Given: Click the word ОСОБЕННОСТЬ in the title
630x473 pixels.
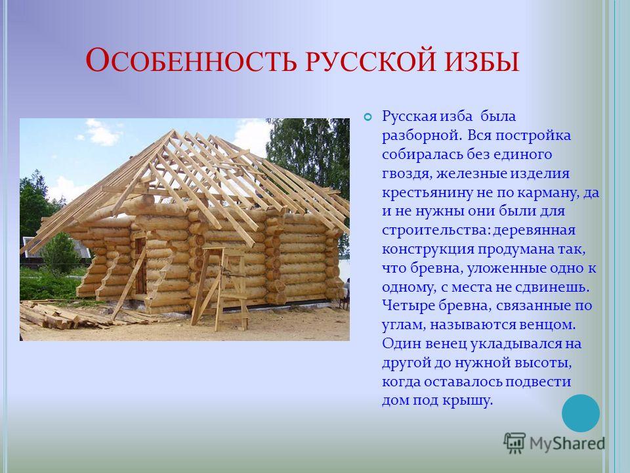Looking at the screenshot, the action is (191, 60).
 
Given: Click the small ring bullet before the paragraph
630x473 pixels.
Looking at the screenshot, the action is (367, 118).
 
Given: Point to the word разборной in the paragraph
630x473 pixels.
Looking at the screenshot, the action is (420, 136).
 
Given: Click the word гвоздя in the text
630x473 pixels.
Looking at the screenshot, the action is (407, 174).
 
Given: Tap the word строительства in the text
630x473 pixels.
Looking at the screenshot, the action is (435, 231).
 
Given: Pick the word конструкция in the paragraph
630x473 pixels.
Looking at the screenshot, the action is (427, 250).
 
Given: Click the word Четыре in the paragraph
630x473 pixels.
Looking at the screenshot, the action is (408, 306).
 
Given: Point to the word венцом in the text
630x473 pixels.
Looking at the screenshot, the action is (547, 325).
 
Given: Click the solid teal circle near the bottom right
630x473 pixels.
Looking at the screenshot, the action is (581, 413).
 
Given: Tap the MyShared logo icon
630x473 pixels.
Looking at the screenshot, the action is (514, 443).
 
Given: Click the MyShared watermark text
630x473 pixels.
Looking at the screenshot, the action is (567, 443).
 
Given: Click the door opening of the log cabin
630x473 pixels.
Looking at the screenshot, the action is (140, 266).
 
